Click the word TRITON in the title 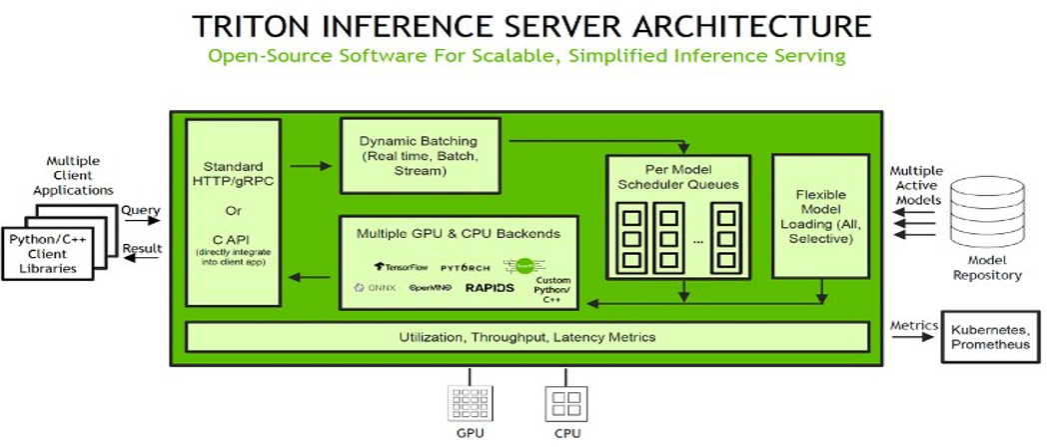(x=263, y=23)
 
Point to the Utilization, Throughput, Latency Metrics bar (x=526, y=337)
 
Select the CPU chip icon (x=560, y=404)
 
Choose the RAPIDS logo (x=490, y=288)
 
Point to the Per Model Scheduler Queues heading (x=677, y=176)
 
